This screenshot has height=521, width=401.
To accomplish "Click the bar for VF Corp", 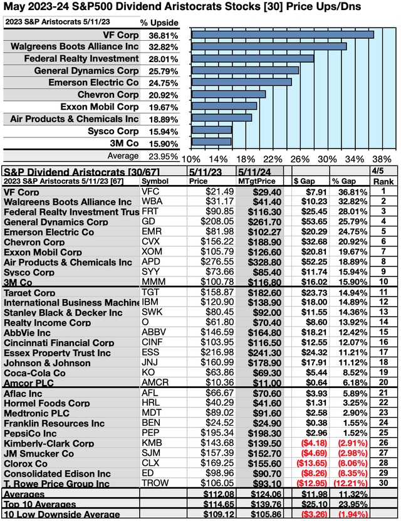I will point(282,34).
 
